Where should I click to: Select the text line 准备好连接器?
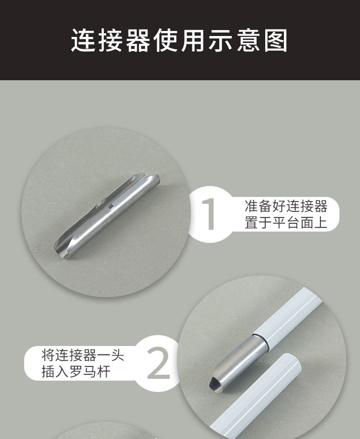[x=286, y=206]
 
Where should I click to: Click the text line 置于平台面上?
[x=286, y=223]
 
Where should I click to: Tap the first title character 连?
[x=83, y=41]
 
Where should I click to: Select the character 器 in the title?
[x=138, y=41]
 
